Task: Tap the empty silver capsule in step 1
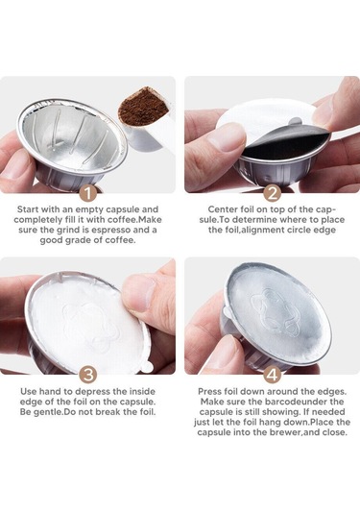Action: (x=67, y=139)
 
